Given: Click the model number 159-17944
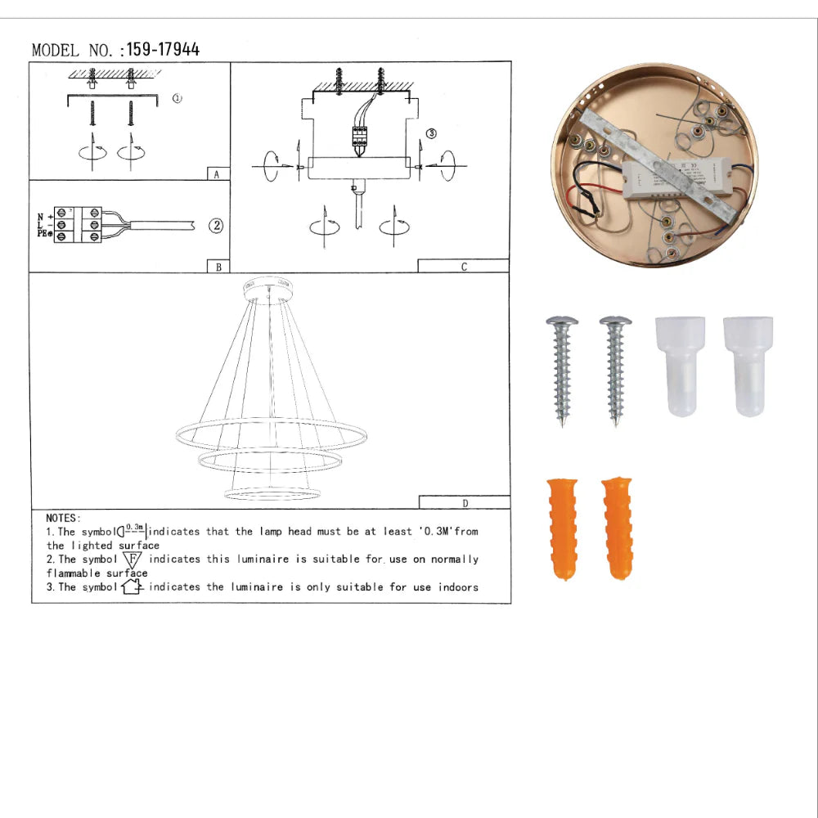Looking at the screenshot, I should coord(163,50).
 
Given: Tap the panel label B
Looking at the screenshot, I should coord(218,267).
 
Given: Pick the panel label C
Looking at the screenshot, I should coord(464,267).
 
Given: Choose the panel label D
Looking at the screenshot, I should coord(465,503).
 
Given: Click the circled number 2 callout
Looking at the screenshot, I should coord(216,226).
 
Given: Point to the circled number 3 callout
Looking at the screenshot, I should coord(431,134).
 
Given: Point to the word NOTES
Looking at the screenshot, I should coord(63,518).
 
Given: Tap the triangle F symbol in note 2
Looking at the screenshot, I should coord(133,560).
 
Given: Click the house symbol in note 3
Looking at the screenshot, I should coord(132,587).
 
